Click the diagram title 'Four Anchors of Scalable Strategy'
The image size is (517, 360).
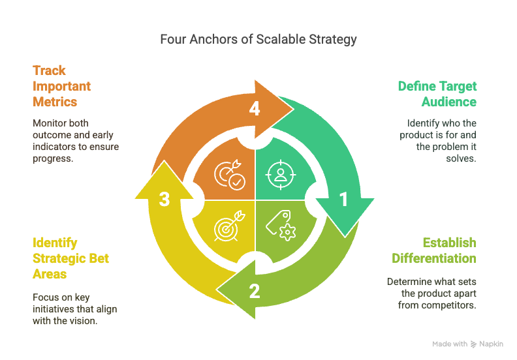tap(258, 40)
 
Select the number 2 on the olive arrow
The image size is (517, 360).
tap(255, 291)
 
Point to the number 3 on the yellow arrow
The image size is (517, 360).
tap(164, 200)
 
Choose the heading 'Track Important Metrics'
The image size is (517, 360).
tap(62, 86)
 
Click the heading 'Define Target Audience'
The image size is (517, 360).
tap(437, 94)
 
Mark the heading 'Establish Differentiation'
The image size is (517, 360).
tap(434, 250)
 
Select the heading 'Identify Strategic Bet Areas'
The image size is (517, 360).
tap(70, 258)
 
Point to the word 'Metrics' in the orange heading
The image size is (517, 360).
tap(55, 102)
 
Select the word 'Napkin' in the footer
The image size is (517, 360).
tap(492, 344)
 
